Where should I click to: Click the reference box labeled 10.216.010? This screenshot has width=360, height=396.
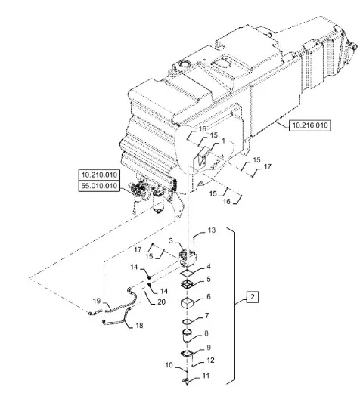(x=309, y=125)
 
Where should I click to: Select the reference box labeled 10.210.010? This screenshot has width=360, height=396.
(x=99, y=175)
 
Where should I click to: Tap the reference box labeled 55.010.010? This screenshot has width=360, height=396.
(x=99, y=186)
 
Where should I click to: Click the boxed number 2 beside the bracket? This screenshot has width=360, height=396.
(x=253, y=296)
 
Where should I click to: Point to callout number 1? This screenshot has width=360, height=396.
(x=223, y=141)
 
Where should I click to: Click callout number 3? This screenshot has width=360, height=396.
(x=171, y=240)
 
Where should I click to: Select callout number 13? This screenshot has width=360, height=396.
(x=212, y=230)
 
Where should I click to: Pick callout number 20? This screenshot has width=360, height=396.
(x=161, y=302)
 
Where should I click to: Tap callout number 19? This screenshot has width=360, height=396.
(x=97, y=301)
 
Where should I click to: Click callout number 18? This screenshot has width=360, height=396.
(x=139, y=326)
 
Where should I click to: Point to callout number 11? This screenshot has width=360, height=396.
(x=206, y=376)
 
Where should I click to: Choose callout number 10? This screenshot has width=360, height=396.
(x=169, y=365)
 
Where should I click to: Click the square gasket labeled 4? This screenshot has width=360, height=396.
(x=187, y=273)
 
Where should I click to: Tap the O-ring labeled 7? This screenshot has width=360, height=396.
(x=187, y=322)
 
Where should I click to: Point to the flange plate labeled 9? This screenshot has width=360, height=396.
(x=187, y=353)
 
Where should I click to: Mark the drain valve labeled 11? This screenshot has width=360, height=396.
(x=187, y=381)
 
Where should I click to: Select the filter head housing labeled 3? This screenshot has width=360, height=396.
(x=188, y=258)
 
